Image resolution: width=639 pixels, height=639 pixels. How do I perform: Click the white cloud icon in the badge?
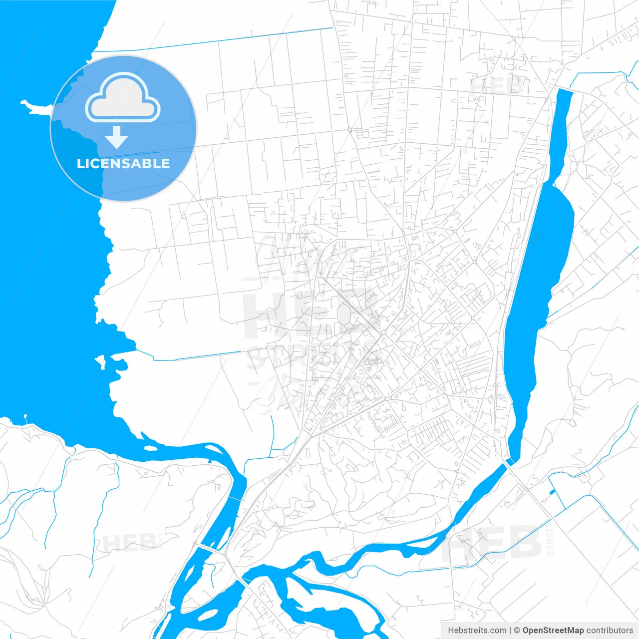[x=123, y=97]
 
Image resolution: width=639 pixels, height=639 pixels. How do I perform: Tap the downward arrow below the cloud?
[x=117, y=137]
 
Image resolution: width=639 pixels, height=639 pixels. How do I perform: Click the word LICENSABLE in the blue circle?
[x=123, y=163]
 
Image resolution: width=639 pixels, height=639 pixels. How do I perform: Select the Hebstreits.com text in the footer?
[x=477, y=631]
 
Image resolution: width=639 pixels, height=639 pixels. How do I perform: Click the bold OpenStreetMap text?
[x=553, y=631]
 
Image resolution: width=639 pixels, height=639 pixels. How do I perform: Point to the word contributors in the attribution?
[x=610, y=631]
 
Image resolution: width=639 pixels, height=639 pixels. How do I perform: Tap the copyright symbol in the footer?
[x=517, y=631]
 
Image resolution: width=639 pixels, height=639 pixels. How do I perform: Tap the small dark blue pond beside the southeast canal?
[x=552, y=493]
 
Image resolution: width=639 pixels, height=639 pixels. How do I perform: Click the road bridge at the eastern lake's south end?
[x=508, y=463]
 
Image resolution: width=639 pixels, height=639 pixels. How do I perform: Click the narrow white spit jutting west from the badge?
[x=35, y=106]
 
